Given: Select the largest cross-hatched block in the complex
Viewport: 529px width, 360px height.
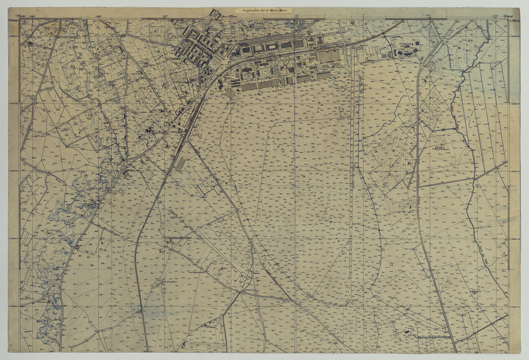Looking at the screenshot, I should tap(329, 56).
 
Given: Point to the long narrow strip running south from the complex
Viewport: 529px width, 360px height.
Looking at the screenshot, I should tap(352, 169).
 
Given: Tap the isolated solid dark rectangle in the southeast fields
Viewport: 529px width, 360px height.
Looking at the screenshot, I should tap(407, 332).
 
